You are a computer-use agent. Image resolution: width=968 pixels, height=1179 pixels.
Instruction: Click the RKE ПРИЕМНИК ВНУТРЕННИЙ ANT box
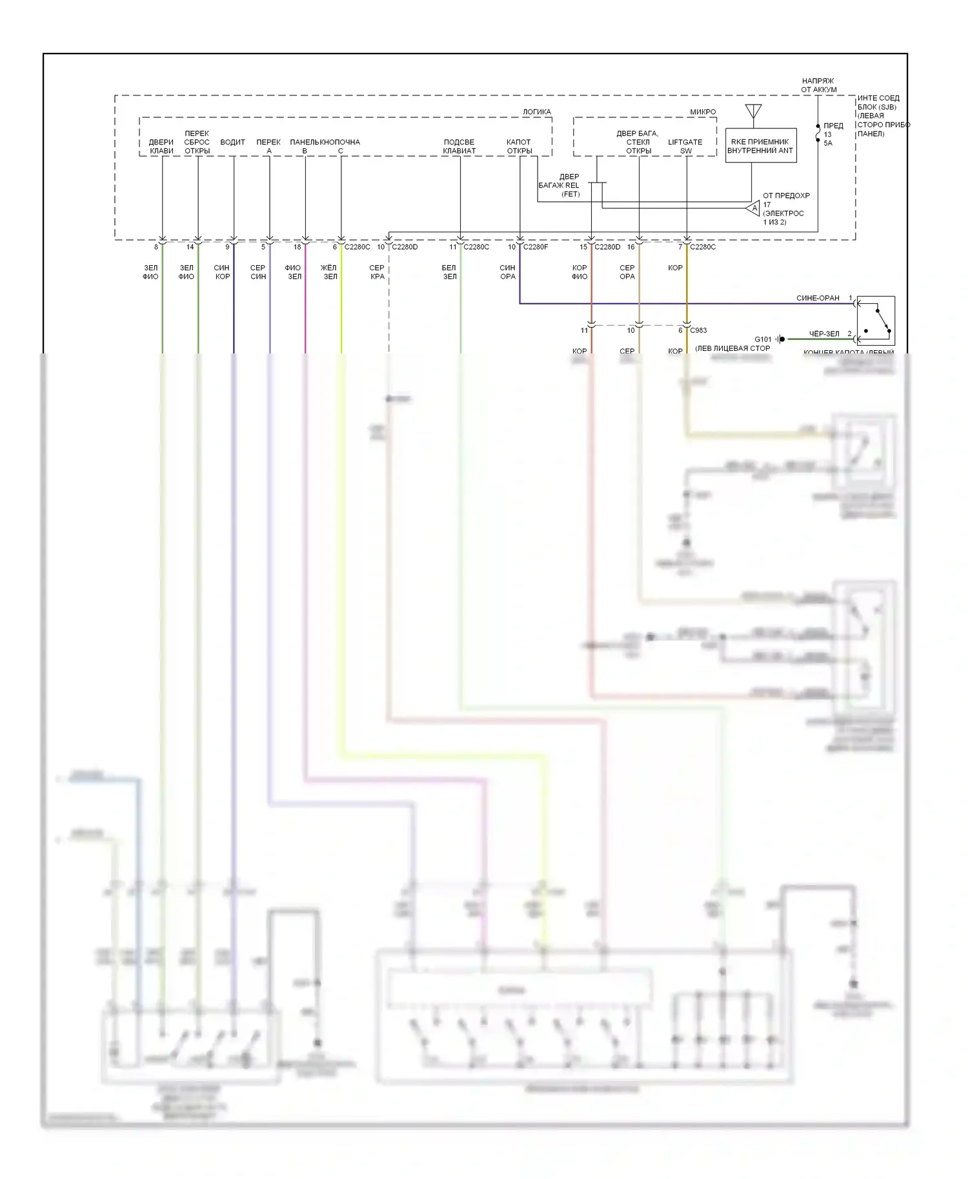pos(760,146)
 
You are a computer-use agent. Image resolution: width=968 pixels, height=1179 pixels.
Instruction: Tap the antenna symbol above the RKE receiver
pos(752,111)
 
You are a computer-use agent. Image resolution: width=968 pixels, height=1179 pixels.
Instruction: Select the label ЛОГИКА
pos(537,112)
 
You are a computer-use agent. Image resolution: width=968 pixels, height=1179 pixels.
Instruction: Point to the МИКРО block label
pos(703,112)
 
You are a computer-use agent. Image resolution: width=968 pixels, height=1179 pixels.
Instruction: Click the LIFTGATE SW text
pos(685,146)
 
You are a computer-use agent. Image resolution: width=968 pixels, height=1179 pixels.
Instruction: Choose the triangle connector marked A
pos(754,208)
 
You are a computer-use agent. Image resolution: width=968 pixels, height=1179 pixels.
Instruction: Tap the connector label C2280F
pos(536,247)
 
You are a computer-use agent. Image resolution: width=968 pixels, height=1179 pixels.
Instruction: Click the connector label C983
pos(698,330)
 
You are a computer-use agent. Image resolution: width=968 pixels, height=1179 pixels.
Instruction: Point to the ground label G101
pos(763,339)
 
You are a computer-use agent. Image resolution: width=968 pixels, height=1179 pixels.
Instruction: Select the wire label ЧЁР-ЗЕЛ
pos(824,334)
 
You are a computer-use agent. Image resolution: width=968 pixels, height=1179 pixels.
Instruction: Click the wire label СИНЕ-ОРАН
pos(818,298)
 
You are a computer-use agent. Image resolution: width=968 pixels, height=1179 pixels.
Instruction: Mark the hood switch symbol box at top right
pos(876,321)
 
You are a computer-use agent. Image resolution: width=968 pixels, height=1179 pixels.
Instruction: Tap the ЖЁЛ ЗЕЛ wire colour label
pos(329,272)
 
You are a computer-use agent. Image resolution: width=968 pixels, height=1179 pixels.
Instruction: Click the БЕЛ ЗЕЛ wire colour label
pos(449,272)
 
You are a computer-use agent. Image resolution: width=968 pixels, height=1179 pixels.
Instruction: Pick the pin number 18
pos(297,247)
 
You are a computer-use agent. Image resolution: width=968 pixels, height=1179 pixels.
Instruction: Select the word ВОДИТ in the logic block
pos(232,142)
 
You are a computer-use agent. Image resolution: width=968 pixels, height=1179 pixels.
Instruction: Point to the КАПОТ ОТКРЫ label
pos(519,146)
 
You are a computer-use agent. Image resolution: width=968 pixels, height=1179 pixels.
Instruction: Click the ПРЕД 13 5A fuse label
pos(832,134)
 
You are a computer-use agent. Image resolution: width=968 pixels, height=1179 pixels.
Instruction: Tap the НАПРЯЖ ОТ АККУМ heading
pos(818,85)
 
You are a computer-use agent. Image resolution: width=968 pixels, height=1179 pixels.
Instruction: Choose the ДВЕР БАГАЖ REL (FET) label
pos(560,185)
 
